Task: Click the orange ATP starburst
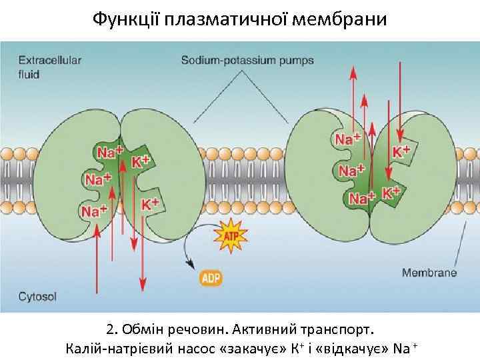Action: (229, 235)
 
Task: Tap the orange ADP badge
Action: (211, 277)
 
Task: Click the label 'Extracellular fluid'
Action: (49, 66)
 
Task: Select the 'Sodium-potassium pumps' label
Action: (247, 61)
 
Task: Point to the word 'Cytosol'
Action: (37, 296)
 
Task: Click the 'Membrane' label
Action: (429, 272)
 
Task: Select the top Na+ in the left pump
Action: (111, 152)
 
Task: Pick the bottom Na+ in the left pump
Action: (94, 211)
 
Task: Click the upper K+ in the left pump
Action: (141, 161)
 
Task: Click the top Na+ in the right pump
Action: (347, 139)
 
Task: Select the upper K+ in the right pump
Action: (400, 151)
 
